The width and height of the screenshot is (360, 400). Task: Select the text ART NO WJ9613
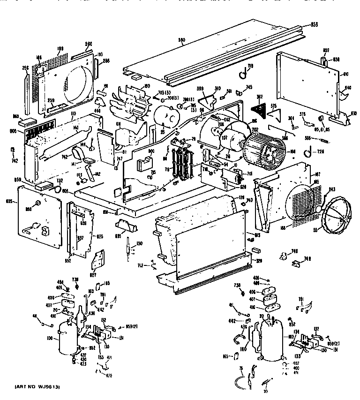(37, 386)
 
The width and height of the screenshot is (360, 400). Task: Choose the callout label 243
(332, 189)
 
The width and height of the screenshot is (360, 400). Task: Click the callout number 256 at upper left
(26, 67)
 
